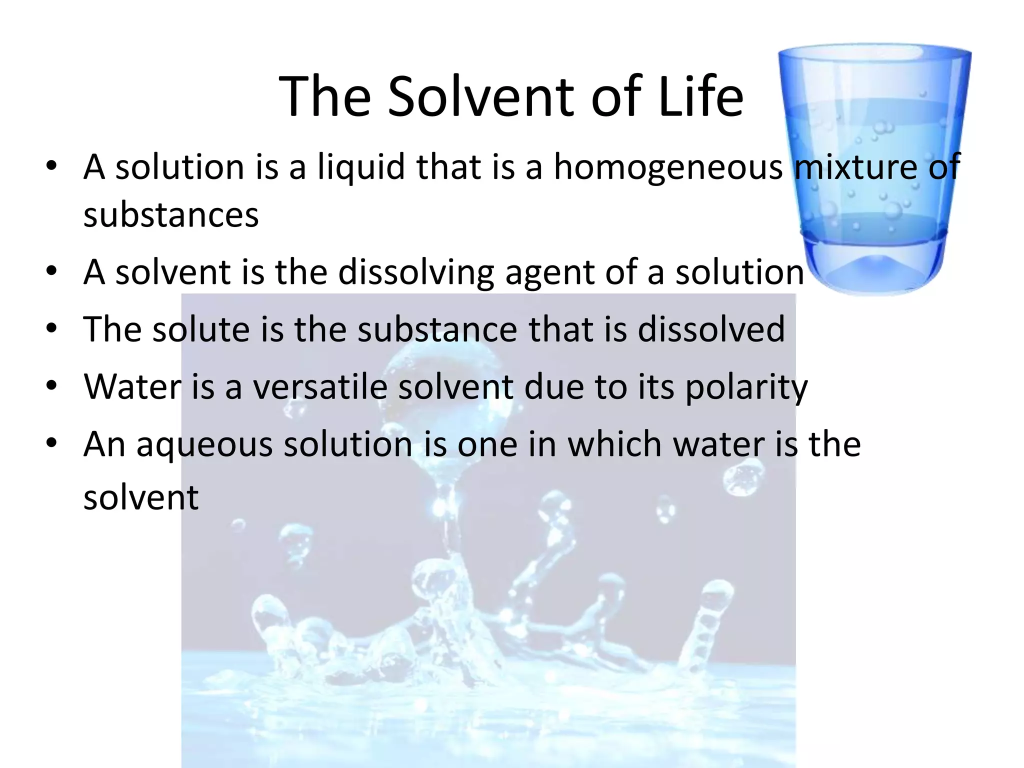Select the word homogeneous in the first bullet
(668, 167)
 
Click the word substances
(171, 216)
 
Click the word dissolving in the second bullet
(415, 273)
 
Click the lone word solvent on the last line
(141, 498)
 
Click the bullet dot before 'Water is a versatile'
(51, 385)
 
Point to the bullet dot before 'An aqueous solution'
(51, 443)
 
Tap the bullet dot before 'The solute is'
(51, 328)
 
